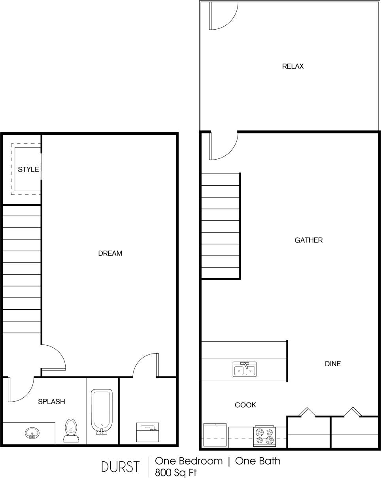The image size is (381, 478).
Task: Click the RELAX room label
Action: pos(293,66)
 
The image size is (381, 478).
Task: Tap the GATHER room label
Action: pos(308,240)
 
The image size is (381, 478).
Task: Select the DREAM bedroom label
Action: pos(110,254)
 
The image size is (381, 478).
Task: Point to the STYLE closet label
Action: pos(28,169)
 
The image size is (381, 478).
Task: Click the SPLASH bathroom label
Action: pos(51,402)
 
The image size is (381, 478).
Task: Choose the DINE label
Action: pos(332,364)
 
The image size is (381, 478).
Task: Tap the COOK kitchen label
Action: pos(245,405)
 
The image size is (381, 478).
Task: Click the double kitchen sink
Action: pos(244,369)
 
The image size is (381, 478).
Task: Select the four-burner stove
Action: pos(264,437)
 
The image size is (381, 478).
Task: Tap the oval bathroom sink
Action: pos(32,433)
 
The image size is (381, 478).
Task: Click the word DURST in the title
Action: pos(120,467)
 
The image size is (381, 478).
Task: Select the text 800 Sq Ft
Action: pos(175,472)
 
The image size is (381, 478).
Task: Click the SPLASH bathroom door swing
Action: pos(21,390)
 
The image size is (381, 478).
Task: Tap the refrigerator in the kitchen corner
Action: pos(215,435)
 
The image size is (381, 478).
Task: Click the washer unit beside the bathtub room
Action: pos(147,432)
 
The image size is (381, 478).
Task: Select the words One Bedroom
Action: pos(189,461)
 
